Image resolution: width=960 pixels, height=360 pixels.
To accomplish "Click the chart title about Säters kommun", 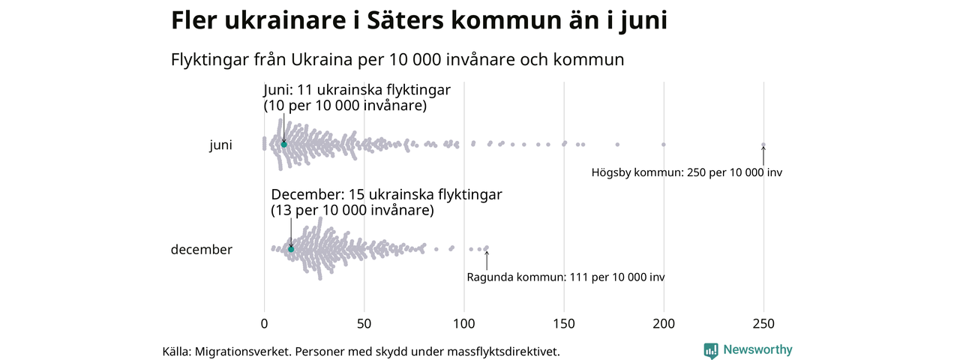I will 418,21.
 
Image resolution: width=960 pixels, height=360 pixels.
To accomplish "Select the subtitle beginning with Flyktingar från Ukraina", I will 397,59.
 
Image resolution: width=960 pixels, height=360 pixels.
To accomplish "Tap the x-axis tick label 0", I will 264,324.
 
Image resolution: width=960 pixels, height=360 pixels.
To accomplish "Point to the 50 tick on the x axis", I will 364,324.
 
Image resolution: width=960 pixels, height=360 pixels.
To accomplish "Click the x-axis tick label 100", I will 464,324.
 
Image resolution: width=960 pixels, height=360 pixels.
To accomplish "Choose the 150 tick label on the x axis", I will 564,324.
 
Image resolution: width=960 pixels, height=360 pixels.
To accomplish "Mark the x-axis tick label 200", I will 664,324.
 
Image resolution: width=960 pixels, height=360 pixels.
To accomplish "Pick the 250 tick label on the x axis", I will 763,324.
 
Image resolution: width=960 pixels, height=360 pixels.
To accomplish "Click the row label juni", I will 220,145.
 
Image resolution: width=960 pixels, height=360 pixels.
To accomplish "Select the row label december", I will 202,250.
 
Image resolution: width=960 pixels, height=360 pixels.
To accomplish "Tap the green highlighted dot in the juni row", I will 284,144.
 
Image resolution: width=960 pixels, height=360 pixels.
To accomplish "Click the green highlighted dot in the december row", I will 291,249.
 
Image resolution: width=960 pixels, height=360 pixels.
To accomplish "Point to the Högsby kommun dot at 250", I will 763,145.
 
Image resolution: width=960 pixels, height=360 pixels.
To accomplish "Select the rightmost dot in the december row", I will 486,247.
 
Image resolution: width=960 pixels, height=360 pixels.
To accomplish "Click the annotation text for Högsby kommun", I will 686,172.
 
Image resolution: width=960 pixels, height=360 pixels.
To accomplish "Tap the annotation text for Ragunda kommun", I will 565,277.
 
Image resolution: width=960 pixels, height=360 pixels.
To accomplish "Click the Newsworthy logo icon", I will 710,350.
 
